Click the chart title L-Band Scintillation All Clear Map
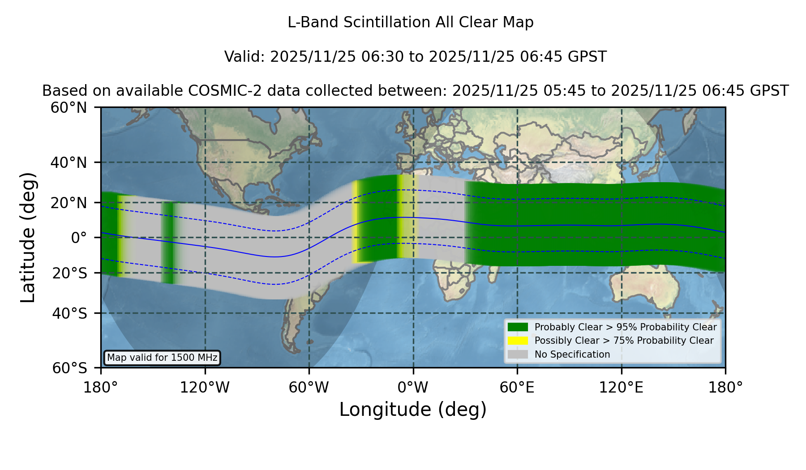click(411, 22)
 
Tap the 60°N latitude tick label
click(69, 108)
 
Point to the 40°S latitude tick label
click(69, 313)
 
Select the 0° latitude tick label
click(79, 238)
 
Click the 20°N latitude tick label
click(69, 203)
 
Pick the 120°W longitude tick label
click(205, 388)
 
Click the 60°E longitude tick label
click(517, 388)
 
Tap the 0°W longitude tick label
click(413, 388)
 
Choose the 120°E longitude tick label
click(621, 388)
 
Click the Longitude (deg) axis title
click(413, 410)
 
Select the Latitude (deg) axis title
click(28, 237)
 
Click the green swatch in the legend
click(518, 327)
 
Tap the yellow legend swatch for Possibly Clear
click(518, 341)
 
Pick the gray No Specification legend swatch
click(518, 355)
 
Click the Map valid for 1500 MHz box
click(162, 358)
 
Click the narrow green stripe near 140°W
click(168, 243)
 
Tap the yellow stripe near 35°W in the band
click(355, 222)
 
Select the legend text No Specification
click(572, 355)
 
